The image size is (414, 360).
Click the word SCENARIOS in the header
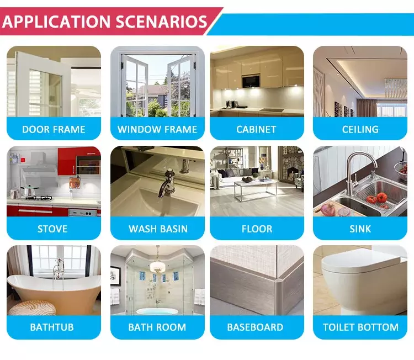161,22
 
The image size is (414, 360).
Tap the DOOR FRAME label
54,129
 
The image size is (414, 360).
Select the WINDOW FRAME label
157,129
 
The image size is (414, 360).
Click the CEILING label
360,129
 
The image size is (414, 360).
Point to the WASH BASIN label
158,229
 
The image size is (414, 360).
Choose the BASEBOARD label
255,327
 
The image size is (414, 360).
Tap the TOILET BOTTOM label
360,327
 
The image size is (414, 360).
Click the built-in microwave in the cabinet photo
251,81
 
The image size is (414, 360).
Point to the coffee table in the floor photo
256,189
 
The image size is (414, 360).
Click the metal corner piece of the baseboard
278,294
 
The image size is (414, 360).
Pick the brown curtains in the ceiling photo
367,108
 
